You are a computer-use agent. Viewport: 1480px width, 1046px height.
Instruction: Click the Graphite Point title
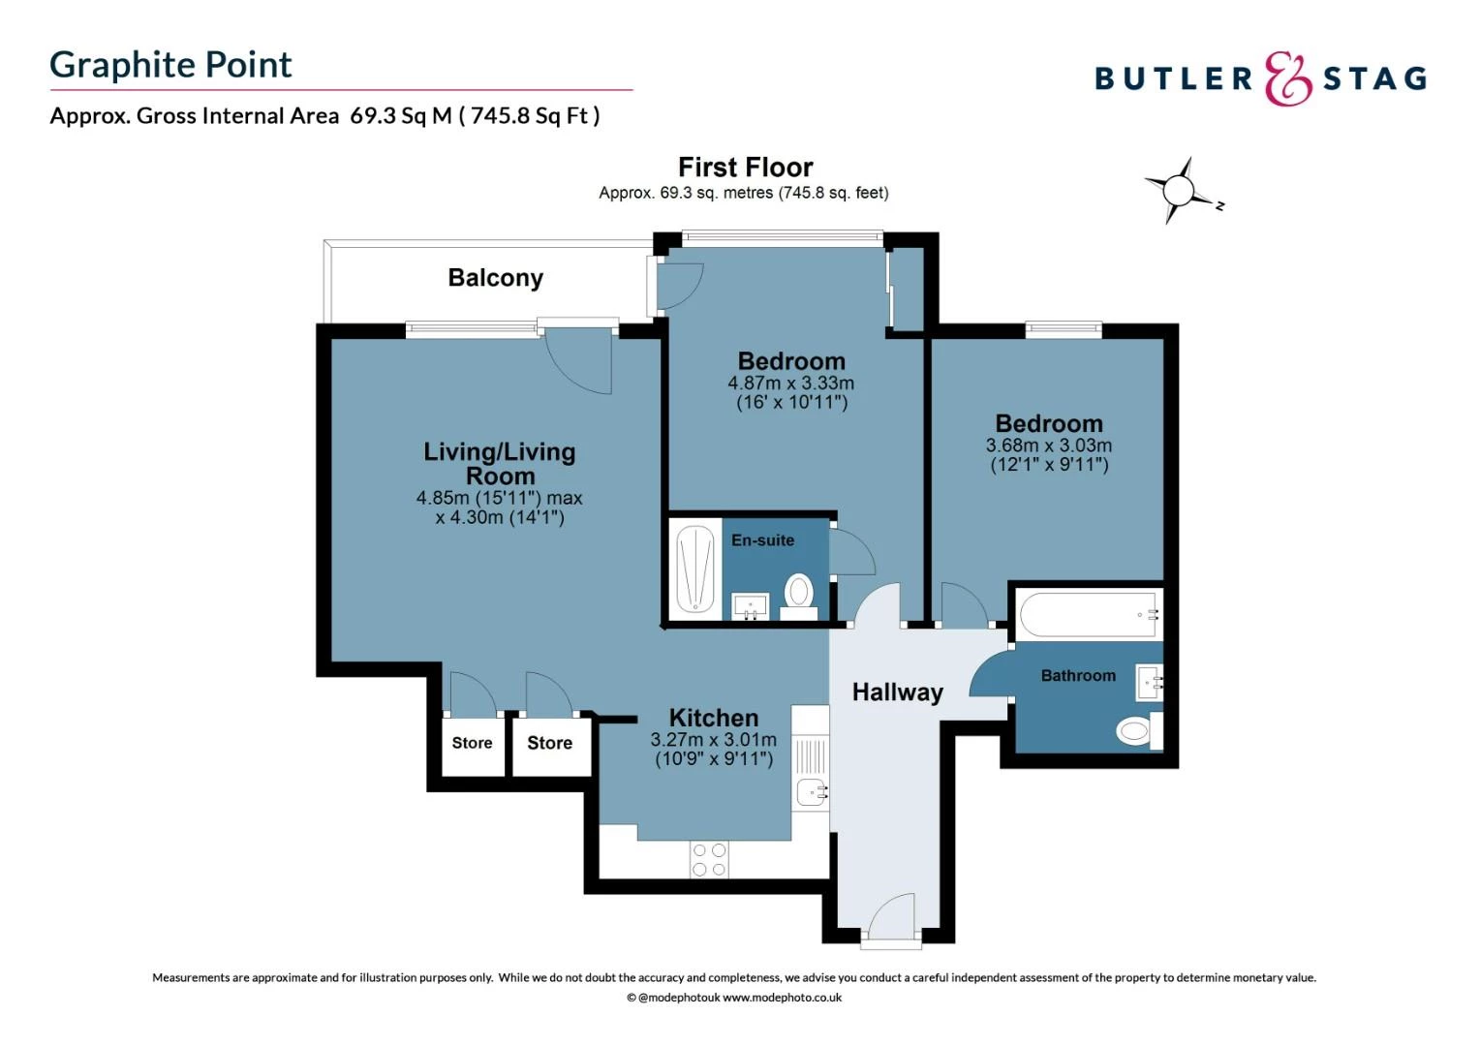[x=170, y=66]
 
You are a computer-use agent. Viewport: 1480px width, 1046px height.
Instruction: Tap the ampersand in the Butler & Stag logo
[x=1287, y=78]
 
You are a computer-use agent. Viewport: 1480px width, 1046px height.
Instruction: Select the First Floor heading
[x=745, y=168]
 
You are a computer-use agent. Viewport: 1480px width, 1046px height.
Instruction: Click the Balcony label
[x=496, y=278]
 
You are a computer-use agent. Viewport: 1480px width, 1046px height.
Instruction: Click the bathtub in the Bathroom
[x=1089, y=614]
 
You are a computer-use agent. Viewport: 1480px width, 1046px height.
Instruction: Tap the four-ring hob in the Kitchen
[x=709, y=859]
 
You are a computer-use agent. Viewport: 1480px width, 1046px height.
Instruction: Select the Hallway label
[x=897, y=692]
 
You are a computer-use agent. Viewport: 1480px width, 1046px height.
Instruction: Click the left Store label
[x=472, y=743]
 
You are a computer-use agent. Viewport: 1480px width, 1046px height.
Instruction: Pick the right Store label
[x=550, y=743]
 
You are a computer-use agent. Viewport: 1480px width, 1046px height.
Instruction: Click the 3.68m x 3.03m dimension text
[x=1049, y=446]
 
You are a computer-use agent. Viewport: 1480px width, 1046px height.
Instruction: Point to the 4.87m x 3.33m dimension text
[x=791, y=384]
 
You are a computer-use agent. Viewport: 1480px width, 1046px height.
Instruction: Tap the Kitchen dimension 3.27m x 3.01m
[x=714, y=739]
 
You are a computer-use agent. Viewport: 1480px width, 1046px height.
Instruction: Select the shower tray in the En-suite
[x=695, y=569]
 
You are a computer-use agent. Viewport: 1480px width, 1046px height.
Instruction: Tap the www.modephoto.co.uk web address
[x=782, y=998]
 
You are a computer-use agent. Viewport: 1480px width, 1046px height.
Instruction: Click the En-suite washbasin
[x=751, y=605]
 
